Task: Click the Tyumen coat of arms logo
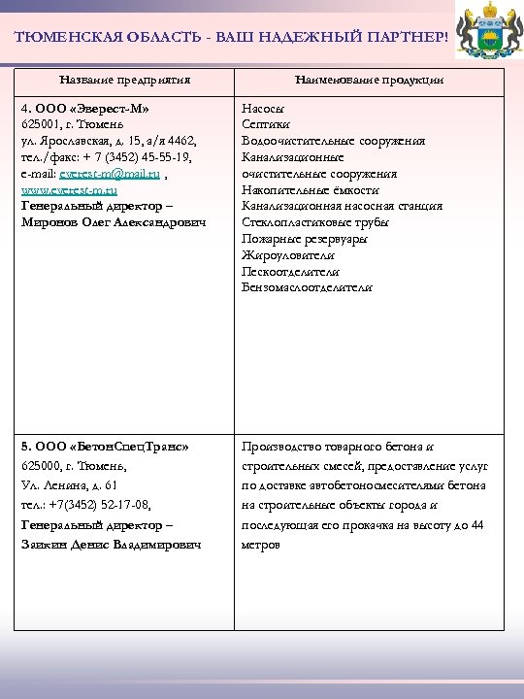pyautogui.click(x=485, y=34)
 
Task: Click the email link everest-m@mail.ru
pyautogui.click(x=107, y=173)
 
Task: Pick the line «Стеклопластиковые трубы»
pyautogui.click(x=315, y=222)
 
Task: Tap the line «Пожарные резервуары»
pyautogui.click(x=305, y=239)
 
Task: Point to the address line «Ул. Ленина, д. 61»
pyautogui.click(x=69, y=485)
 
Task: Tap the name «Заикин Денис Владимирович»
pyautogui.click(x=112, y=546)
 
